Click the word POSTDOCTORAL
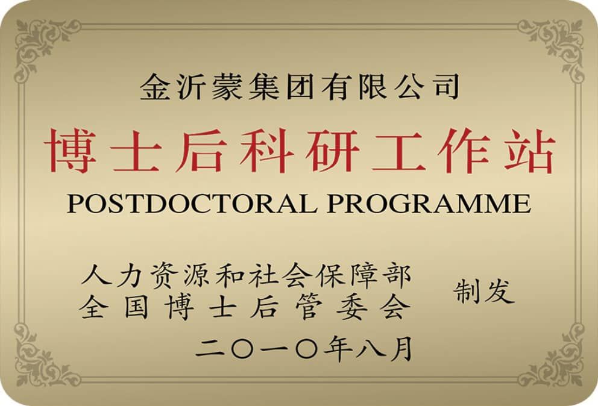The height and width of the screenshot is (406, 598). point(192,203)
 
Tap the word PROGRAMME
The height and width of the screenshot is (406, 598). point(429,203)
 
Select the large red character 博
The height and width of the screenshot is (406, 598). point(70,150)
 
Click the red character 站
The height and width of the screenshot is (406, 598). point(529,150)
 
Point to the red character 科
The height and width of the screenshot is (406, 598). point(266,150)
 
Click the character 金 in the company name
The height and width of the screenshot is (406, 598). point(155,87)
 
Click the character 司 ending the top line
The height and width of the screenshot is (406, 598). point(445,87)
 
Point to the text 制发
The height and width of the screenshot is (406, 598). point(483,292)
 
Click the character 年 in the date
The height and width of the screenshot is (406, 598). point(338,348)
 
